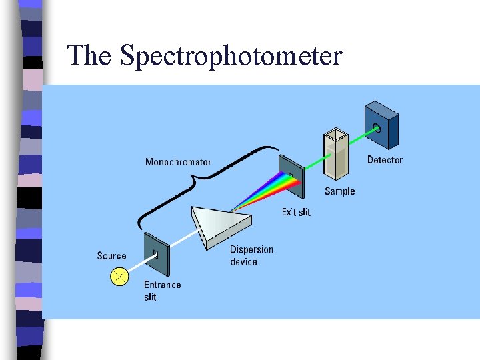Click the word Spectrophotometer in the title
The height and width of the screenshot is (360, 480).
tap(231, 56)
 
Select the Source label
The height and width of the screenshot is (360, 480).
tap(111, 256)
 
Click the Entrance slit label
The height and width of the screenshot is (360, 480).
tap(162, 291)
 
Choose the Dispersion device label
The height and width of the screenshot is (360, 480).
tap(251, 256)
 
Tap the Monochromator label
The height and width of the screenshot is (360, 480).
tap(178, 162)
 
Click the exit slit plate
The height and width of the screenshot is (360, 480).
tap(291, 177)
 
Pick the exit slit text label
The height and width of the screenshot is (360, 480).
tap(295, 213)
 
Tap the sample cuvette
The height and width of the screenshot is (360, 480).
tap(336, 156)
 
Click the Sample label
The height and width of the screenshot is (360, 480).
tap(340, 191)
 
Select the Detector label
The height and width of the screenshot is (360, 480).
tap(385, 160)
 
